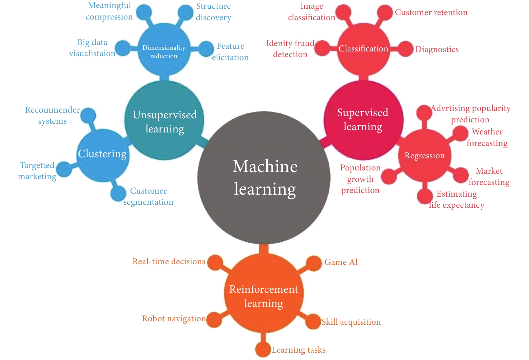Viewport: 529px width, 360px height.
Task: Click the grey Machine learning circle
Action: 264,177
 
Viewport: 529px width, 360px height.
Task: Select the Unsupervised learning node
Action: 164,120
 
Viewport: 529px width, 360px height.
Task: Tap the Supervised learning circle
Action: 363,120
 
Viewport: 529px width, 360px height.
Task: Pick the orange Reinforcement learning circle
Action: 264,293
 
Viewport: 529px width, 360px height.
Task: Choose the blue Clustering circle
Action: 103,155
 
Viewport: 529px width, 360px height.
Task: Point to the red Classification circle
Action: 363,49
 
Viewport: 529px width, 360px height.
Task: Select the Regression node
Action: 425,155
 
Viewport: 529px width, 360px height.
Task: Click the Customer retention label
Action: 431,12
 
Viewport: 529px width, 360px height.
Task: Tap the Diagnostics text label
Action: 437,49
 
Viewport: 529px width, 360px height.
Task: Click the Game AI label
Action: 341,262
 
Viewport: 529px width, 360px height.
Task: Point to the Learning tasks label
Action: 299,350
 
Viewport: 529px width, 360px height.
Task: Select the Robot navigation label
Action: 174,319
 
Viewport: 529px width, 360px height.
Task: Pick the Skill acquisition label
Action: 351,322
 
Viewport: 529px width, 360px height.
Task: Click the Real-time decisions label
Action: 169,261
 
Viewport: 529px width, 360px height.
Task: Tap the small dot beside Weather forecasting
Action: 460,133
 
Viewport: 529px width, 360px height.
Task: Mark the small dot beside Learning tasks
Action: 263,349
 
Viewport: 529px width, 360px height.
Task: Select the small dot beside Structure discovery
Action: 186,12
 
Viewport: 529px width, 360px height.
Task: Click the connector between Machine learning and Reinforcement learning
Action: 264,249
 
